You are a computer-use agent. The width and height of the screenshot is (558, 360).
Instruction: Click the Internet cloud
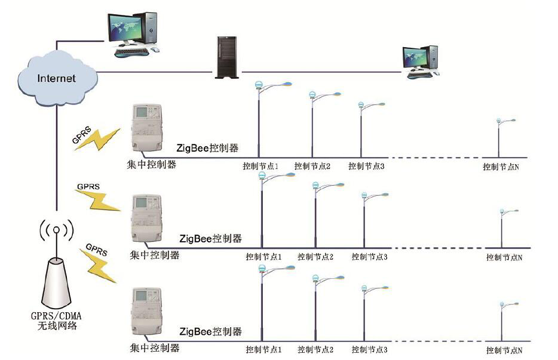click(x=57, y=76)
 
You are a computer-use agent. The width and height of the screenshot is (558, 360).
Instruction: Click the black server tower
click(x=225, y=58)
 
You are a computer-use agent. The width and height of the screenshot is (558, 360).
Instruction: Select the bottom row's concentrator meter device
click(x=147, y=313)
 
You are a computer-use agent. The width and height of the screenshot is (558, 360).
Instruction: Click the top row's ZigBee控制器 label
click(x=207, y=147)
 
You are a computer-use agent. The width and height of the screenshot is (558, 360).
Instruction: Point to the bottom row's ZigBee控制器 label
click(x=211, y=331)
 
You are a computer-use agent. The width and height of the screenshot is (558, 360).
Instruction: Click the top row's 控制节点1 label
click(x=260, y=166)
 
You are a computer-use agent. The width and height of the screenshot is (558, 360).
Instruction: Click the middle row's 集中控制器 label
click(x=154, y=256)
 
